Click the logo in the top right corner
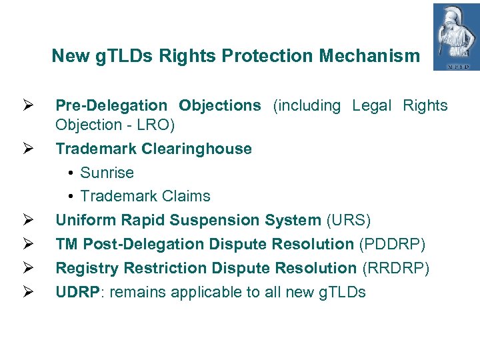[456, 37]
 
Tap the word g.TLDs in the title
[117, 56]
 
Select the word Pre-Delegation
[111, 106]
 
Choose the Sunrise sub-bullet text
[107, 173]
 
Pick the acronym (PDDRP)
[393, 244]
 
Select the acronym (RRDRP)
[396, 268]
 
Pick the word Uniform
[83, 220]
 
